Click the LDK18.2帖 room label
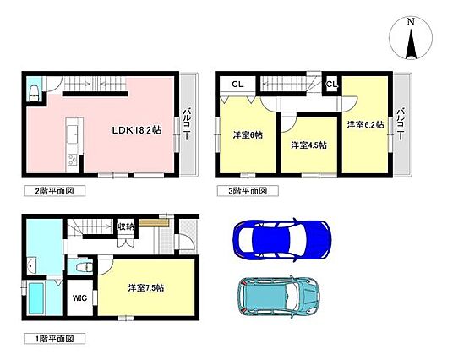click(137, 130)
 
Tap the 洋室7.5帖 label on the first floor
click(146, 288)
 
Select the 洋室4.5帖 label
click(308, 145)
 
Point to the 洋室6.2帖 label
click(365, 125)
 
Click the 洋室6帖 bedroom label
click(248, 135)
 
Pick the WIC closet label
click(79, 297)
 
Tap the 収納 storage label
click(126, 226)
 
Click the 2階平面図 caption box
click(54, 191)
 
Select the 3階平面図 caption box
click(248, 191)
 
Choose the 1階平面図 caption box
click(54, 339)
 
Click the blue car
click(282, 239)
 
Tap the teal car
click(279, 297)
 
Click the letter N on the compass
click(411, 22)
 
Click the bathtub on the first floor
click(36, 298)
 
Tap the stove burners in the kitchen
click(72, 160)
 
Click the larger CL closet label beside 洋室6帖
click(237, 84)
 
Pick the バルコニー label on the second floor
click(188, 124)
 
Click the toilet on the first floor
click(84, 267)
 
